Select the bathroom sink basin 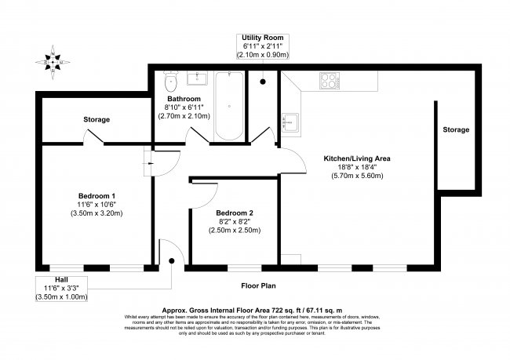coord(197,78)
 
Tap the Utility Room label coord(264,38)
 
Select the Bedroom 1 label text coord(97,195)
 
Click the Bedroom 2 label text coord(235,213)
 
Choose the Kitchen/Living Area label coord(357,158)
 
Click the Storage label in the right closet coord(455,129)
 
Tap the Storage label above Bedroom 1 coord(97,119)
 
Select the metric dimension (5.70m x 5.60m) coord(357,176)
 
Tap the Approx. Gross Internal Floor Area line coord(255,309)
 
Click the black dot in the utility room coord(263,82)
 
